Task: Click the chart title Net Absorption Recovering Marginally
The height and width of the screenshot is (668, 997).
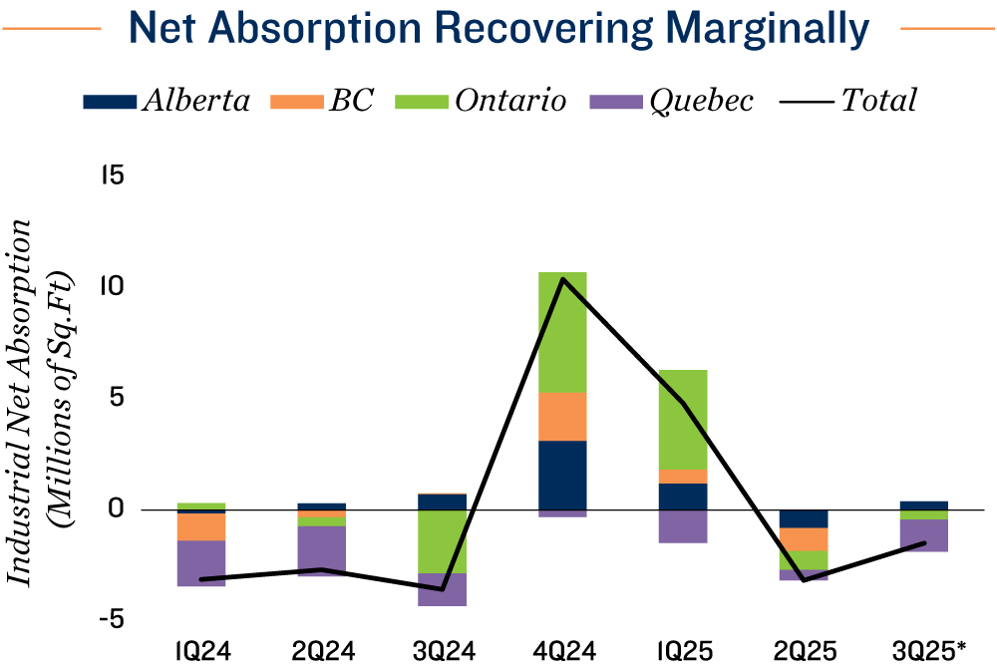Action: pyautogui.click(x=499, y=30)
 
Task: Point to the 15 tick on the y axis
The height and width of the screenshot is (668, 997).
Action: pyautogui.click(x=111, y=176)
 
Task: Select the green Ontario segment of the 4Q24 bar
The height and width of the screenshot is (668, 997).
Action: pyautogui.click(x=562, y=332)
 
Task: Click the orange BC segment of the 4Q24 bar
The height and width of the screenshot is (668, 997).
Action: pyautogui.click(x=562, y=416)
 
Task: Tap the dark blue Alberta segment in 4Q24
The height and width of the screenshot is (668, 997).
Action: pyautogui.click(x=562, y=475)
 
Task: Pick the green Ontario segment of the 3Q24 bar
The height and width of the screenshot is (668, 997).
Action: pyautogui.click(x=442, y=541)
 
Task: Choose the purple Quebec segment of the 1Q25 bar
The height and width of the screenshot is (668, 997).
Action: pyautogui.click(x=683, y=525)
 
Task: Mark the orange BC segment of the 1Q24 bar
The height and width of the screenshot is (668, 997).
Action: pyautogui.click(x=200, y=526)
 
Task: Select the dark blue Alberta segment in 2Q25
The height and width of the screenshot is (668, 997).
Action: pyautogui.click(x=804, y=518)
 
